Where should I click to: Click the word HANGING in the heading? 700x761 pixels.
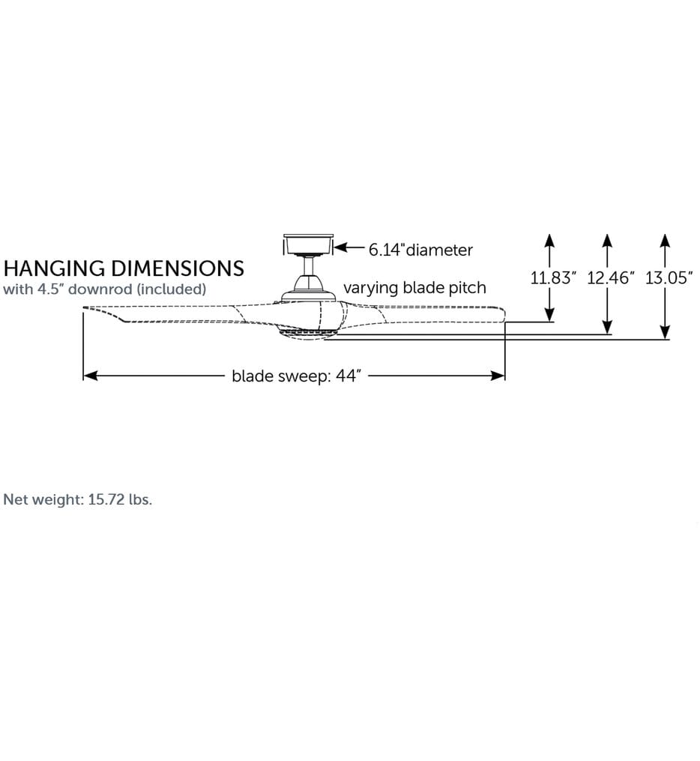(x=55, y=268)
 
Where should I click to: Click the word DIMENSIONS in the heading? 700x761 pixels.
(x=178, y=268)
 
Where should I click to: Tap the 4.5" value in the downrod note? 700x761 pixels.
(x=50, y=289)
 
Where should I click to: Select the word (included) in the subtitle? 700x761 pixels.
(x=171, y=289)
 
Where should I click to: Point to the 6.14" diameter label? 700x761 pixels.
(x=420, y=250)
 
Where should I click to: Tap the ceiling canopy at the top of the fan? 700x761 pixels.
(x=309, y=244)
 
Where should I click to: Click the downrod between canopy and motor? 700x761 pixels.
(x=309, y=266)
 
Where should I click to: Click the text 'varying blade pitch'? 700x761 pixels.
(x=414, y=288)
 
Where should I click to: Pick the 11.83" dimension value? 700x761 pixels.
(x=553, y=277)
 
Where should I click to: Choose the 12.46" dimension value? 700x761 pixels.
(x=611, y=277)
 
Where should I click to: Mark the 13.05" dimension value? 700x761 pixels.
(x=669, y=277)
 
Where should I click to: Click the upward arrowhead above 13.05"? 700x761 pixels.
(x=665, y=241)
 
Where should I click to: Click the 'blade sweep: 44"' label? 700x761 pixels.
(x=296, y=376)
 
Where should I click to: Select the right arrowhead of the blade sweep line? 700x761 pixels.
(x=498, y=376)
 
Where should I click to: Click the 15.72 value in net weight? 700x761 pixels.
(x=106, y=499)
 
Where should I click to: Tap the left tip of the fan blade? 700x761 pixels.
(x=83, y=308)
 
